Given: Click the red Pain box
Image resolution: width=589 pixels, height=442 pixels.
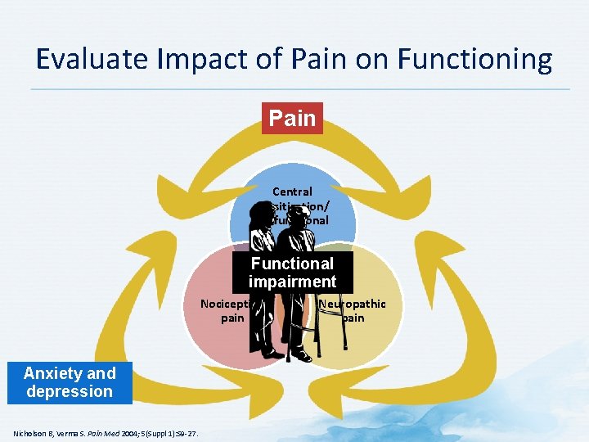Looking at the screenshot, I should [292, 118].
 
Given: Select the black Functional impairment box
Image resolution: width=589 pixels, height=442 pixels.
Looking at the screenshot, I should [292, 273].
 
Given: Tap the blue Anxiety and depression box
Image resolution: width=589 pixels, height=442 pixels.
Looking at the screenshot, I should [70, 382].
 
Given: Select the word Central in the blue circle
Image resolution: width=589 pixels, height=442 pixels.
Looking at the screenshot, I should [292, 192].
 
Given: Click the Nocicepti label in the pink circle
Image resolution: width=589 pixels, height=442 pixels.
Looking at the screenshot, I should [227, 304].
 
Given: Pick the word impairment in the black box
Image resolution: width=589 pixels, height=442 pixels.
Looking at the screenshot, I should [292, 282].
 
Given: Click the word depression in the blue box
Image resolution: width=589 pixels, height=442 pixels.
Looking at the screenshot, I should [70, 391].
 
